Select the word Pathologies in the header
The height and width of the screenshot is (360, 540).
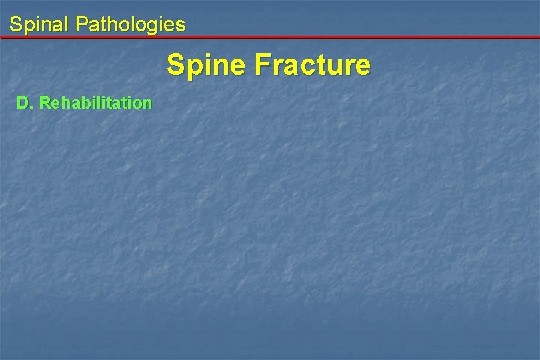coord(131,25)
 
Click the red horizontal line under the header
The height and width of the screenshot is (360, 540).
coord(270,37)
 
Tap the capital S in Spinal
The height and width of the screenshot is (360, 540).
coord(15,25)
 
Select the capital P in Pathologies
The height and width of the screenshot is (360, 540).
coord(82,25)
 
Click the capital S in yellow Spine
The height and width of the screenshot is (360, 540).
coord(176,65)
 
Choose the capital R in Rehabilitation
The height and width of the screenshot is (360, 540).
coord(45,103)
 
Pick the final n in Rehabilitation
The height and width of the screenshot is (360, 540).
coord(147,104)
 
